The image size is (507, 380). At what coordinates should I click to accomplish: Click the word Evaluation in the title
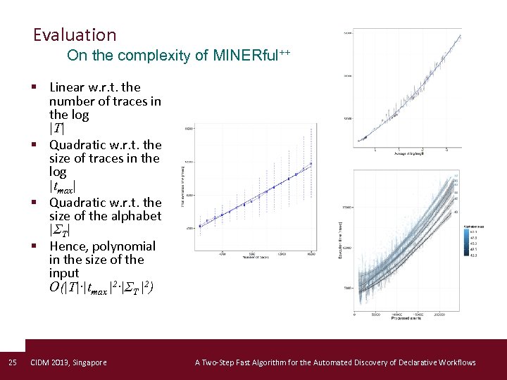pos(75,34)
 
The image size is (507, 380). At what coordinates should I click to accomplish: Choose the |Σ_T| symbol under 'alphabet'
pos(60,230)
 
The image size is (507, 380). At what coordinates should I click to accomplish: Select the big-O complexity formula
pos(101,287)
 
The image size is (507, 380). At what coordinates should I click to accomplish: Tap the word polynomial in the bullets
pos(124,246)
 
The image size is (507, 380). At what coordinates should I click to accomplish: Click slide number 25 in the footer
pos(12,362)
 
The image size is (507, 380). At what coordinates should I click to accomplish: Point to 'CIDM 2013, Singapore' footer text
pos(69,362)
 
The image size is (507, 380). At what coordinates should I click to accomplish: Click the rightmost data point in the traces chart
pos(311,164)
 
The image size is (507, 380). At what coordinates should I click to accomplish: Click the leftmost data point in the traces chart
pos(200,226)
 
